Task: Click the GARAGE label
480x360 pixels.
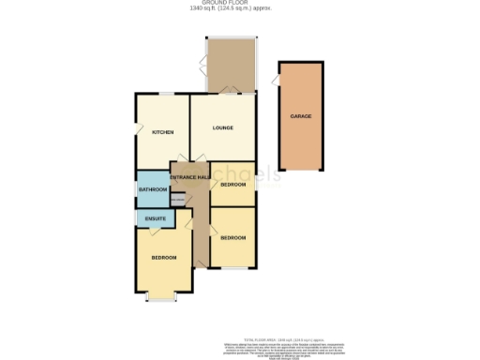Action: [301, 116]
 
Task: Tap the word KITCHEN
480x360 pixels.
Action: [164, 132]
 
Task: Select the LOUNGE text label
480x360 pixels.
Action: [222, 127]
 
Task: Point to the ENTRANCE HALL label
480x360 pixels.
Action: [189, 177]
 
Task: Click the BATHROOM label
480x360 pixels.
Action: [153, 190]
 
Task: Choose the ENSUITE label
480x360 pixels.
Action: [156, 219]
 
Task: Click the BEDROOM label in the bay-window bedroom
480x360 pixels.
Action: [164, 258]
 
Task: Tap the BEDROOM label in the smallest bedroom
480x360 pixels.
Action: [232, 185]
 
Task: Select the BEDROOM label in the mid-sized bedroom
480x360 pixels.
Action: [232, 238]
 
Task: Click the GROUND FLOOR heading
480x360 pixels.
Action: [240, 4]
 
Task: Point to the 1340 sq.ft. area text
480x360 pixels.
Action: [240, 10]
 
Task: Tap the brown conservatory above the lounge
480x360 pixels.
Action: [230, 66]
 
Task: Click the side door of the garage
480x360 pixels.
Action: [277, 82]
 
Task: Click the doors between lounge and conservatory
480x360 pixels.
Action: [230, 92]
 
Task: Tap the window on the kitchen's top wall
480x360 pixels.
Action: [165, 93]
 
